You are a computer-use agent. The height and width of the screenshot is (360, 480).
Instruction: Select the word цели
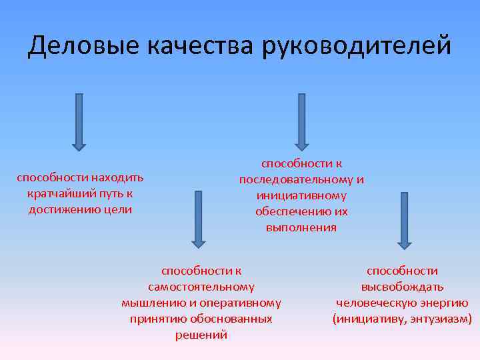click(119, 210)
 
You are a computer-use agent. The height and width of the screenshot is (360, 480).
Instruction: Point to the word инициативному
click(301, 195)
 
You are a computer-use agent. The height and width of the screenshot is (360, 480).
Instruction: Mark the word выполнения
click(301, 227)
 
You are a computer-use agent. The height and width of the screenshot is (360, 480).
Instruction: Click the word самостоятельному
click(201, 287)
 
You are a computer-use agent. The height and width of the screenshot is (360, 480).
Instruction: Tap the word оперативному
click(243, 303)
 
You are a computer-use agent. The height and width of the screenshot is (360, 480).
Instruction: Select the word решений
click(201, 335)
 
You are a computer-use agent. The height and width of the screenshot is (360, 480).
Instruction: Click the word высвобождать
click(402, 287)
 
